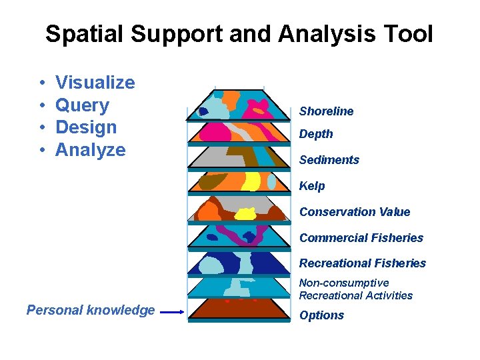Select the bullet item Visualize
pos(95,83)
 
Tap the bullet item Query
pos(82,105)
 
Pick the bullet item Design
pos(86,127)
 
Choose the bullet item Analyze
pos(90,150)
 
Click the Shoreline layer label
pos(326,111)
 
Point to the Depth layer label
pos(316,134)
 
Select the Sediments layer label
pos(329,160)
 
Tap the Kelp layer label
pos(312,186)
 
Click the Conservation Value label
pos(355,212)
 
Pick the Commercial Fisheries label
pos(361,238)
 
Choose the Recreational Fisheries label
pos(362,263)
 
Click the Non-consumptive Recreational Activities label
pos(355,289)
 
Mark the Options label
pos(321,315)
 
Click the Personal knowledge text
pos(91,310)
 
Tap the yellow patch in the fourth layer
pos(251,181)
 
